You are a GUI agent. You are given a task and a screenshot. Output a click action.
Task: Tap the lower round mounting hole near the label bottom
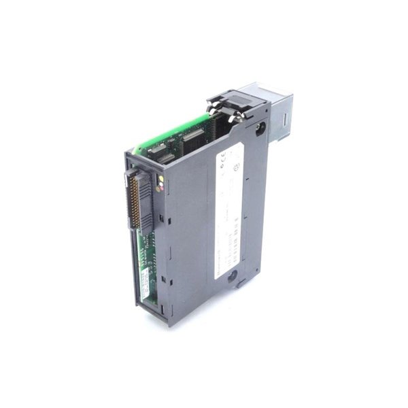pyautogui.click(x=233, y=278)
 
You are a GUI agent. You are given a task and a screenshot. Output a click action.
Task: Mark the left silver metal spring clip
pyautogui.click(x=220, y=107)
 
